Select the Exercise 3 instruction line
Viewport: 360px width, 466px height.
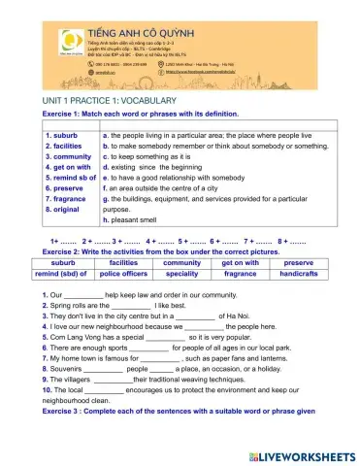tap(179, 411)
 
